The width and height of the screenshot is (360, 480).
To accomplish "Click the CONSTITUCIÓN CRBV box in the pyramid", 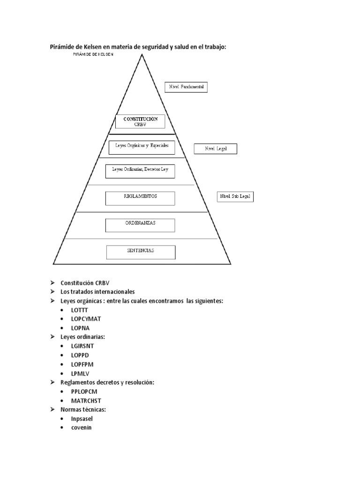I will pos(141,122).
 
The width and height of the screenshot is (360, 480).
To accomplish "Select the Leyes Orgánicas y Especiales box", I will pos(142,147).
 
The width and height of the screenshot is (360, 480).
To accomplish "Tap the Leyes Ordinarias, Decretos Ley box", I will pos(140,171).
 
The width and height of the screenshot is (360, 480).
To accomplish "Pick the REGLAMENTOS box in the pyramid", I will pos(140,198).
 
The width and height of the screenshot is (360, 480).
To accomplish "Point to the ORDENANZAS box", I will pos(140,225).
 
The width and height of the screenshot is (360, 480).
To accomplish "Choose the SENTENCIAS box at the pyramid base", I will pos(141,252).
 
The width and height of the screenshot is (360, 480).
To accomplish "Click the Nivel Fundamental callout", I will pos(186,87).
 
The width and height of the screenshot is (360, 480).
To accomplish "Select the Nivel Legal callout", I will pos(216,149).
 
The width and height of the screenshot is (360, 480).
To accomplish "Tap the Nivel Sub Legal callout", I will pos(236,196).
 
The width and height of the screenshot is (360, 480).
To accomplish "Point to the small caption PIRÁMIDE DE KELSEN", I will pos(93,54).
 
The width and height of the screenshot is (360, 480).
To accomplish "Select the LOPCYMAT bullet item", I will pos(86,319).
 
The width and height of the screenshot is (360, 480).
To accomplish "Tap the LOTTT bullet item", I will pos(79,310).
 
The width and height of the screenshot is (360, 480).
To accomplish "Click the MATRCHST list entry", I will pos(86,400).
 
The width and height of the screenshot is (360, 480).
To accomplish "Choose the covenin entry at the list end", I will pos(81,427).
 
